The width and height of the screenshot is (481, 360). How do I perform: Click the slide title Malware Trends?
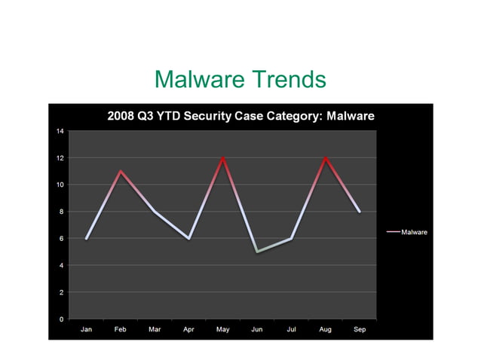[x=240, y=79]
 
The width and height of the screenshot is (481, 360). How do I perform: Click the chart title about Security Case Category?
[x=240, y=116]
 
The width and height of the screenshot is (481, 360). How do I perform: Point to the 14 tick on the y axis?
[x=60, y=131]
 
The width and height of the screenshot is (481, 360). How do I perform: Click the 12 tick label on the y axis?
[x=60, y=158]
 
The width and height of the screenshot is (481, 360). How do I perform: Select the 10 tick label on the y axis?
[x=60, y=185]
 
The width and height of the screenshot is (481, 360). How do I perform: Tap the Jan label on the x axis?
[x=87, y=330]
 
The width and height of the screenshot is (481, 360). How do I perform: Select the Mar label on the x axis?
[x=155, y=330]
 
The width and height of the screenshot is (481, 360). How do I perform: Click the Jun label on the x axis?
[x=257, y=330]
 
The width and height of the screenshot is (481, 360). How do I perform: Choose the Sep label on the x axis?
[x=360, y=330]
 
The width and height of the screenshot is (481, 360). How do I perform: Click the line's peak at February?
[x=121, y=172]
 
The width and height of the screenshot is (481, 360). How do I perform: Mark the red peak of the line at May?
[x=223, y=158]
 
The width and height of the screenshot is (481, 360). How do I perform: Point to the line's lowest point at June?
[x=257, y=252]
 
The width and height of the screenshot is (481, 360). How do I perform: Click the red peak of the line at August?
[x=326, y=158]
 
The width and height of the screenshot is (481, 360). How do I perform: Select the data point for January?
[x=87, y=238]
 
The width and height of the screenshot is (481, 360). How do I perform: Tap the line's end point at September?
[x=360, y=212]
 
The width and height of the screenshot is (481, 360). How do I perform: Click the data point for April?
[x=188, y=238]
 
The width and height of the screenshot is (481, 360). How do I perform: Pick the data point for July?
[x=291, y=238]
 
